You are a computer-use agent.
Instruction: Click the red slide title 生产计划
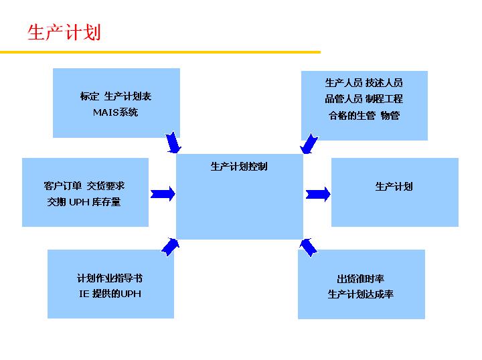[x=64, y=31]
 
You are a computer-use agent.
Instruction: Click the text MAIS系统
[x=115, y=112]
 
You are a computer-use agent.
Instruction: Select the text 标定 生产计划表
[x=116, y=96]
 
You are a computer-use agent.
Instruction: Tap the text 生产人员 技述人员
[x=364, y=83]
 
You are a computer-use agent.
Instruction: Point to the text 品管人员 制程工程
[x=364, y=99]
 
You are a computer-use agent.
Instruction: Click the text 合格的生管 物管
[x=364, y=115]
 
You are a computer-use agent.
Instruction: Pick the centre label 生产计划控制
[x=239, y=166]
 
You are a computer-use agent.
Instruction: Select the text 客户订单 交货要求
[x=84, y=185]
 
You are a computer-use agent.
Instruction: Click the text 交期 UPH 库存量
[x=84, y=201]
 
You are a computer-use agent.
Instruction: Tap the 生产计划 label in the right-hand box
[x=394, y=186]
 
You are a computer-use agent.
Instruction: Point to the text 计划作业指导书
[x=110, y=278]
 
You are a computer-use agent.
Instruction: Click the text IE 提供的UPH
[x=110, y=293]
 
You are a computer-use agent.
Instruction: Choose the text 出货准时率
[x=360, y=278]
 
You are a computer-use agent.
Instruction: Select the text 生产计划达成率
[x=360, y=294]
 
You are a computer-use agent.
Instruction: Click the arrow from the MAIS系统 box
[x=173, y=142]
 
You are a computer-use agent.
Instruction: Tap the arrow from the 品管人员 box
[x=308, y=143]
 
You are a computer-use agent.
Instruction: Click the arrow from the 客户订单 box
[x=163, y=193]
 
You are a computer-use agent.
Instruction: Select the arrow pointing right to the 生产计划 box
[x=318, y=194]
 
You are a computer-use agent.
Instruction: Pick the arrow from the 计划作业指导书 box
[x=171, y=246]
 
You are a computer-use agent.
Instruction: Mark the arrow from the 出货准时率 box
[x=308, y=247]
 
